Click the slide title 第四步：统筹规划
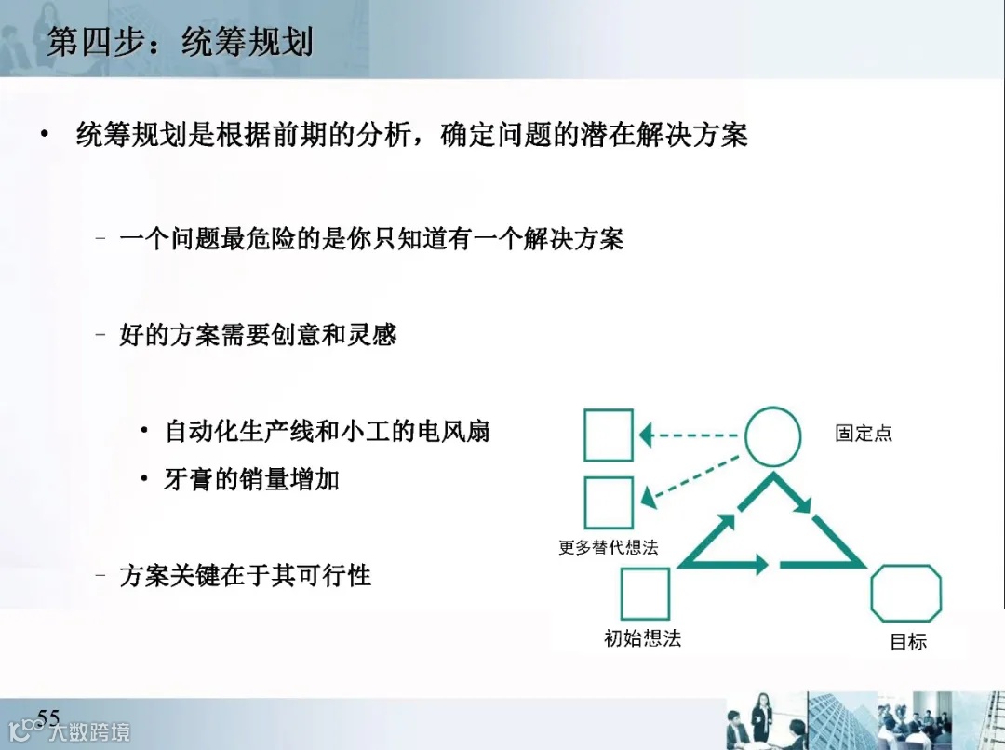(180, 42)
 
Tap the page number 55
(48, 717)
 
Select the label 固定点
(864, 434)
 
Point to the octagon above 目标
(905, 593)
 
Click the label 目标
(908, 641)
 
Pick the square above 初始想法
(645, 593)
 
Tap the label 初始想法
(642, 638)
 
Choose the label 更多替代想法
(608, 547)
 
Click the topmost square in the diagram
(609, 435)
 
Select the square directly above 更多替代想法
(609, 502)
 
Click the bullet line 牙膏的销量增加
(251, 479)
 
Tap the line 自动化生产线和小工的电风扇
(327, 431)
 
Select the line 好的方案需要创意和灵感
(258, 334)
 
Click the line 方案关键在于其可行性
(245, 576)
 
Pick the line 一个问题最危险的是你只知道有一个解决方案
(371, 238)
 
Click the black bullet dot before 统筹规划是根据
(44, 135)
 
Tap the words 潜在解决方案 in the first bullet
(663, 135)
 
